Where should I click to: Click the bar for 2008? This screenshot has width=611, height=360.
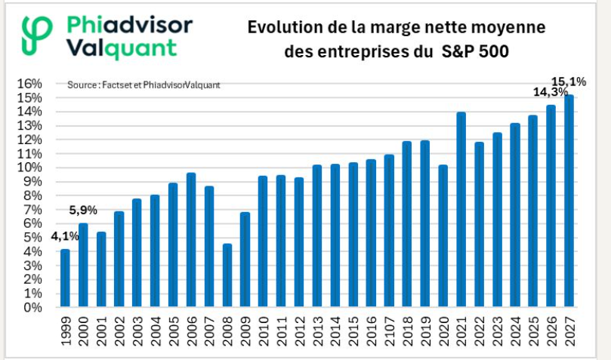[x=227, y=275]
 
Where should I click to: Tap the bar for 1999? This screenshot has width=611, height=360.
[x=65, y=278]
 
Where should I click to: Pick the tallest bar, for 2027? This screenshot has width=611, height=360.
[x=569, y=202]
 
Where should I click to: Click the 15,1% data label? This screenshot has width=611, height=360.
[x=569, y=81]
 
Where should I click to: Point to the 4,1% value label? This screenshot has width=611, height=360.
[x=65, y=235]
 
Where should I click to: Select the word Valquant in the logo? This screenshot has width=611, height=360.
[x=121, y=48]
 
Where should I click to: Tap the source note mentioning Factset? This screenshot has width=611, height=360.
[x=143, y=85]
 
